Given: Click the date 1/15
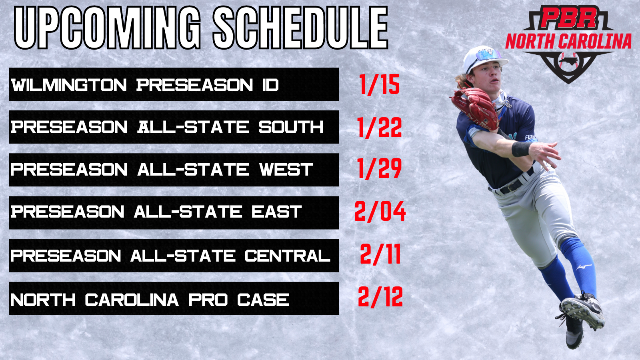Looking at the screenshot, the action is tap(380, 84).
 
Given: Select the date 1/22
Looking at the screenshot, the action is tap(380, 128).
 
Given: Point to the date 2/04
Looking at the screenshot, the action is tap(380, 211).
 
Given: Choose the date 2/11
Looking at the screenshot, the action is tap(380, 254).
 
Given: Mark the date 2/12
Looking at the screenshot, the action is tap(380, 297).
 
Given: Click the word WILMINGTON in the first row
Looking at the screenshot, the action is tap(69, 85).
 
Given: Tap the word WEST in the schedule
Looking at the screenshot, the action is tap(286, 170).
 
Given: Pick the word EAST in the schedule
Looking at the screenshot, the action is tap(276, 212).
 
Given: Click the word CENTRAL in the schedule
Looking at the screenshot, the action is tap(288, 256).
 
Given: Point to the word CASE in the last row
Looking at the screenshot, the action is tap(263, 300).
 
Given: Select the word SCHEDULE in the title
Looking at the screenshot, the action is tap(300, 28).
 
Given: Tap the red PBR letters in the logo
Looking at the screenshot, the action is tap(568, 18).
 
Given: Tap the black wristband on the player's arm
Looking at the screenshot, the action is tap(521, 149).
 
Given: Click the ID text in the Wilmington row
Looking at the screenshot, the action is tap(270, 85).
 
